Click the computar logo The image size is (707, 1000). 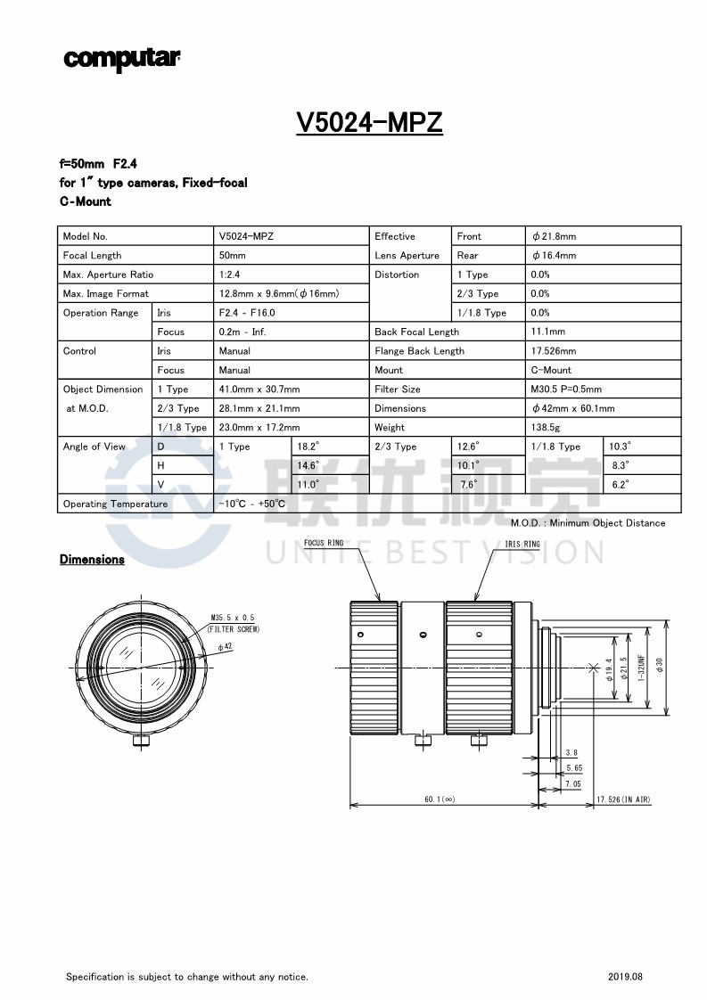121,59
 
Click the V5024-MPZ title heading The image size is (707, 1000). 369,122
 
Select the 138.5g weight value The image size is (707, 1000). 546,428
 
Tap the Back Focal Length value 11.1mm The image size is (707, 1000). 547,332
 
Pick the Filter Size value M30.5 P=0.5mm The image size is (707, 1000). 566,389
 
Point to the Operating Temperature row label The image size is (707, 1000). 115,504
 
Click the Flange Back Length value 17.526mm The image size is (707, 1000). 553,351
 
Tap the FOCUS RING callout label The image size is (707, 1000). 323,543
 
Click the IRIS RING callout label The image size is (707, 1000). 522,544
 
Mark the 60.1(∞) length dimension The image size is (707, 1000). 440,799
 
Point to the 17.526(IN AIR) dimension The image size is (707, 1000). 624,799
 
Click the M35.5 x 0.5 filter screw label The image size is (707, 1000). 233,618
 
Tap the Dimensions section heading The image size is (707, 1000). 92,560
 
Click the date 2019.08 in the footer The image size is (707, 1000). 625,977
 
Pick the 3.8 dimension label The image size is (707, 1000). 571,753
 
